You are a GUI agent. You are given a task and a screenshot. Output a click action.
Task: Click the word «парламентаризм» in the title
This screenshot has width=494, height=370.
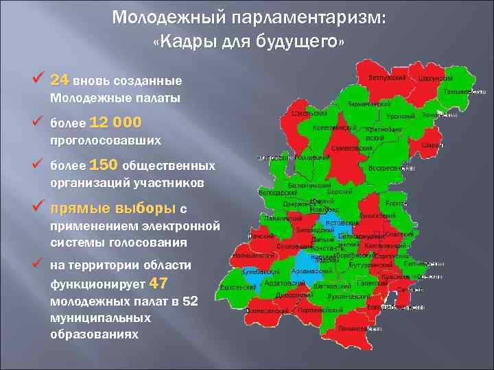[x=312, y=16]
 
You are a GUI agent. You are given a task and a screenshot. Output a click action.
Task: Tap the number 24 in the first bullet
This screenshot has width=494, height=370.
[x=60, y=79]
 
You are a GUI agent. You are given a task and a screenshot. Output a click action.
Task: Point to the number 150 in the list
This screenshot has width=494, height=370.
[x=104, y=165]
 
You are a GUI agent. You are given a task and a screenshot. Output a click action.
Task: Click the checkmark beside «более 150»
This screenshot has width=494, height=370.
[x=38, y=165]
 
